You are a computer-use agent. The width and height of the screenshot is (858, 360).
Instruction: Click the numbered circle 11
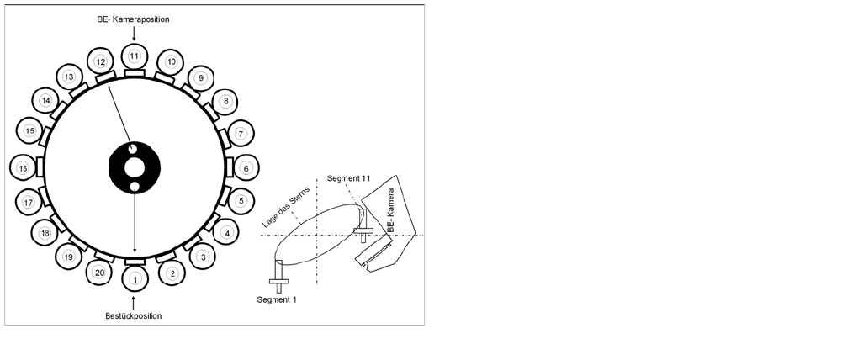tap(134, 56)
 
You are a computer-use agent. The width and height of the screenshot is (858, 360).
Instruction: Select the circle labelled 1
tap(134, 276)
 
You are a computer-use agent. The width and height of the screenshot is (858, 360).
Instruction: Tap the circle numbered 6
tap(246, 167)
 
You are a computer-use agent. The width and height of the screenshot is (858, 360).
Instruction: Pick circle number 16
tap(24, 168)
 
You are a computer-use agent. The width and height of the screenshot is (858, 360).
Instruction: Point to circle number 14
tap(46, 101)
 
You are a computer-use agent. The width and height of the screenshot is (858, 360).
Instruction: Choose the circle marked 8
tap(225, 101)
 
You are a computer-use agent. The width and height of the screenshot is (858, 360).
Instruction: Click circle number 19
tap(69, 257)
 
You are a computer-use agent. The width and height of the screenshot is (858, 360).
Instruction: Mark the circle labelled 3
tap(202, 256)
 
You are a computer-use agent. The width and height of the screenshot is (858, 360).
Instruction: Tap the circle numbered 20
tap(100, 272)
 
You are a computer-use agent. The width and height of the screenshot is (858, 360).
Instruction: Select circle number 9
tap(201, 78)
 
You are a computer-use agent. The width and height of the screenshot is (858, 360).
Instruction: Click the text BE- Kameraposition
tap(134, 19)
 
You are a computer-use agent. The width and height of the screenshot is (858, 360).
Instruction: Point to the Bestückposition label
tap(134, 315)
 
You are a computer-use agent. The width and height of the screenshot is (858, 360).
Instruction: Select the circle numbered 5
tap(241, 201)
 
